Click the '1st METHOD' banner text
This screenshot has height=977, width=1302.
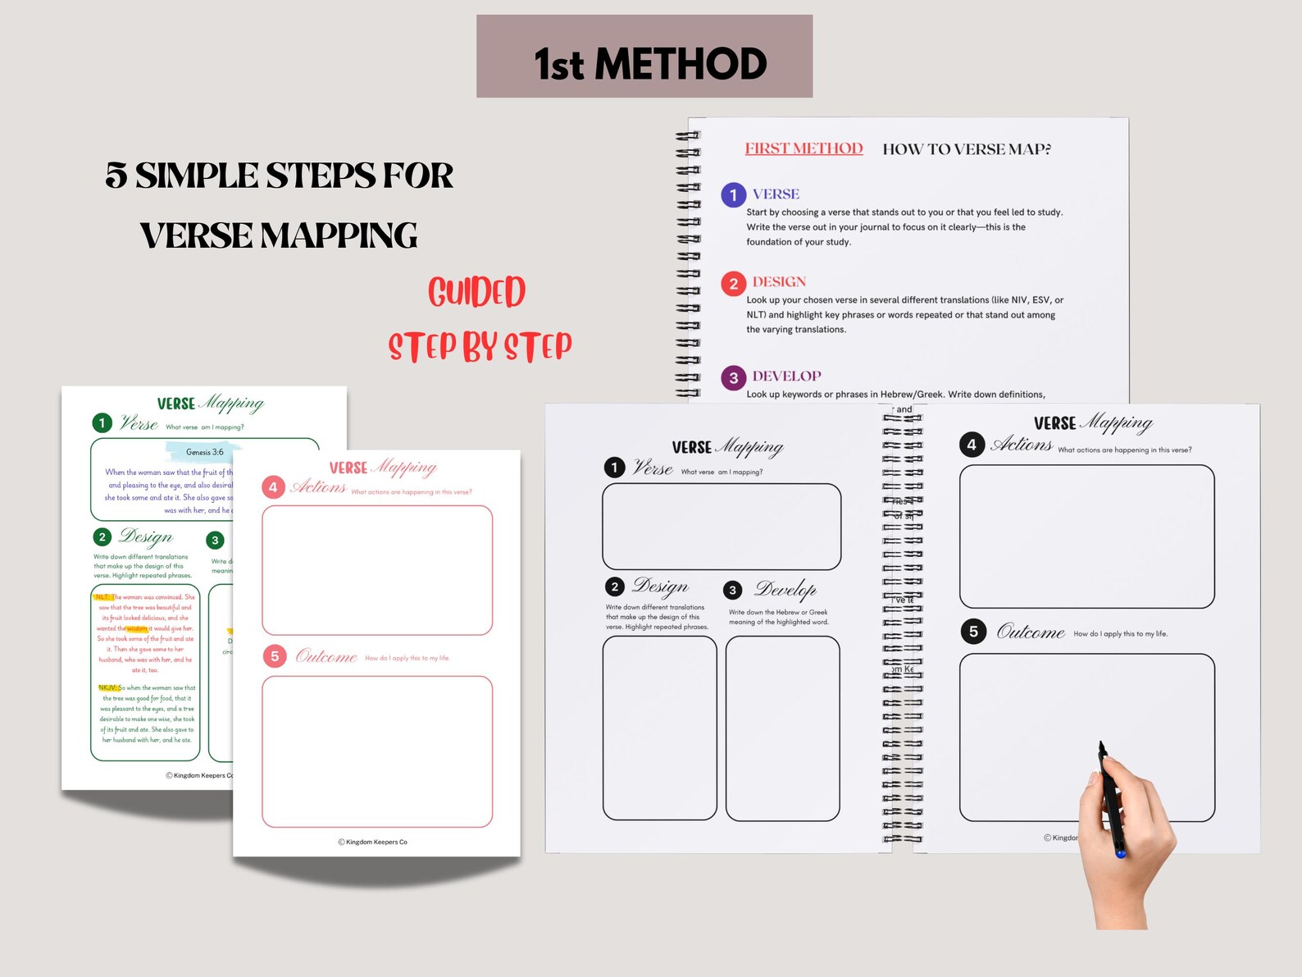coord(649,64)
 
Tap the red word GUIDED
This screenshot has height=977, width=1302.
coord(476,293)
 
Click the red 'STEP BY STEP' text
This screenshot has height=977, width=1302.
coord(480,347)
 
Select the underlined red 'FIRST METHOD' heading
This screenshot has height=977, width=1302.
coord(804,148)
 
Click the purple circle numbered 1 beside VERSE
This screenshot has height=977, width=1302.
coord(733,195)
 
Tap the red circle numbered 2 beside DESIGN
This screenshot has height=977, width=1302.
coord(733,284)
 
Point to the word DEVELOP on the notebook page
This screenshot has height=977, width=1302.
coord(786,377)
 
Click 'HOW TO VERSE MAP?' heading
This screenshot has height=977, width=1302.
coord(966,149)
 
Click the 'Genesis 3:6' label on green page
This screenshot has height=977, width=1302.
coord(204,452)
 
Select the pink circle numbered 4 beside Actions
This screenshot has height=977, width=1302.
coord(273,487)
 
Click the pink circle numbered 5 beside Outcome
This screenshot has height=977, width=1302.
coord(275,656)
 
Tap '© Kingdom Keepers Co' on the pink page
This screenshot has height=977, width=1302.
coord(373,842)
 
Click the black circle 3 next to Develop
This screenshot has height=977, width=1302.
coord(733,590)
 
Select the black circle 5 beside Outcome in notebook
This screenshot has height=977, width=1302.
coord(972,632)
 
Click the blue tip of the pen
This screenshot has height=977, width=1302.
coord(1120,854)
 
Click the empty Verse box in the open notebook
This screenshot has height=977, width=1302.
coord(722,527)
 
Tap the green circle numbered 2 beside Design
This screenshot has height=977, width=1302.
coord(102,537)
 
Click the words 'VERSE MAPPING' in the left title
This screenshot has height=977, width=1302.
coord(279,236)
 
